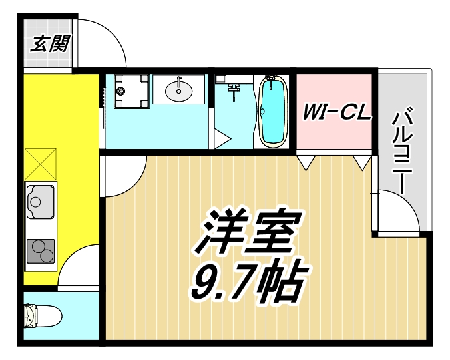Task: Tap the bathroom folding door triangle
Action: pos(222,140)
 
